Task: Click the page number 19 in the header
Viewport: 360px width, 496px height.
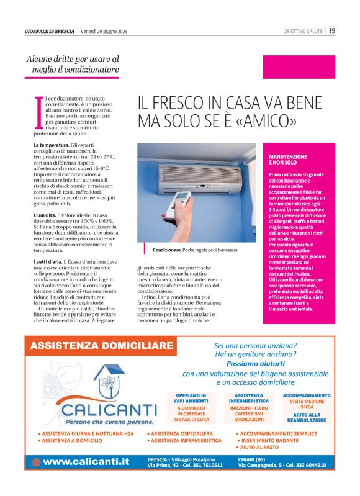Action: tap(333, 30)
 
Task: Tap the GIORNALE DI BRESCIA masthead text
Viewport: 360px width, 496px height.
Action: tap(50, 31)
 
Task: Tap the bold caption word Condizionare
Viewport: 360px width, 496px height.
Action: tap(166, 250)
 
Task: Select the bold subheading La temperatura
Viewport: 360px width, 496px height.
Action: tap(51, 145)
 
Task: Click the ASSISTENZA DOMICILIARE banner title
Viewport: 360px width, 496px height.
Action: tap(102, 345)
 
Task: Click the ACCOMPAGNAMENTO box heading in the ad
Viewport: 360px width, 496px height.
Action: tap(307, 395)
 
